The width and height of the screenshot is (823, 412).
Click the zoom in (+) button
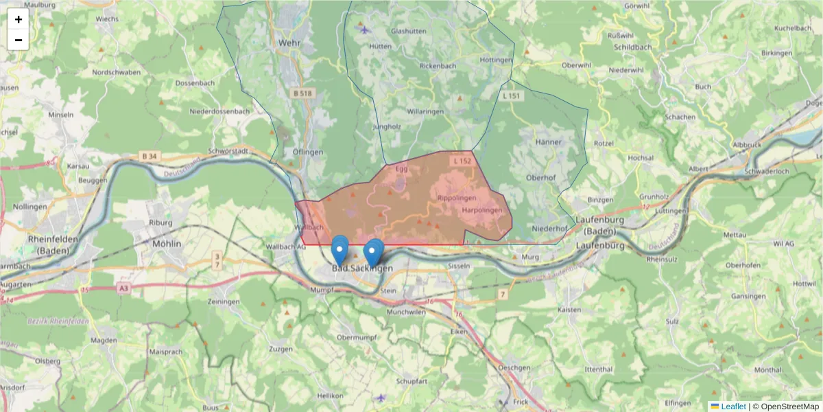tap(19, 19)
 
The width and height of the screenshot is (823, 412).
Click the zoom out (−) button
tap(19, 40)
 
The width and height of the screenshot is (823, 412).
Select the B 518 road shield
tap(302, 93)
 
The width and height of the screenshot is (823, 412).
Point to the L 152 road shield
tap(462, 161)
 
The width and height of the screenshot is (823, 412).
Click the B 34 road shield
tap(149, 157)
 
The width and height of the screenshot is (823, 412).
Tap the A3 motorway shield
tap(123, 289)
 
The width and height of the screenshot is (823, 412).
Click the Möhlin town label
tap(167, 244)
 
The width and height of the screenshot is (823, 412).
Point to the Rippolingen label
tap(457, 198)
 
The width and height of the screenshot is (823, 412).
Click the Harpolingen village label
tap(482, 210)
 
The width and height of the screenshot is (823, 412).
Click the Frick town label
tap(521, 401)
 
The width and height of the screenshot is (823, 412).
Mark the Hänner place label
tap(548, 142)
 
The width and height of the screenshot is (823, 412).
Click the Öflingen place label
tap(307, 152)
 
